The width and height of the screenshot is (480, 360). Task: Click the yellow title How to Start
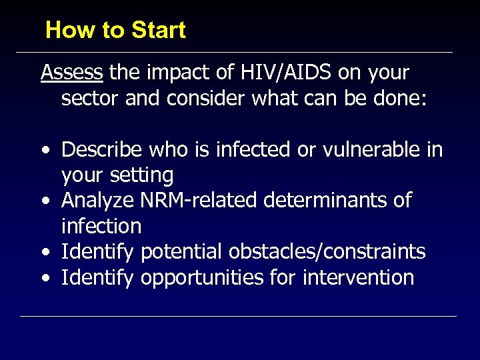(x=115, y=30)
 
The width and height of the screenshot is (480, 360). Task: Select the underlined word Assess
(x=72, y=72)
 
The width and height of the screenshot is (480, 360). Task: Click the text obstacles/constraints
(x=327, y=251)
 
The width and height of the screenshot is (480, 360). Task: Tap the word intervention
(x=359, y=277)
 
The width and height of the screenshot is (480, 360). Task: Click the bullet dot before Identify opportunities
(x=45, y=278)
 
